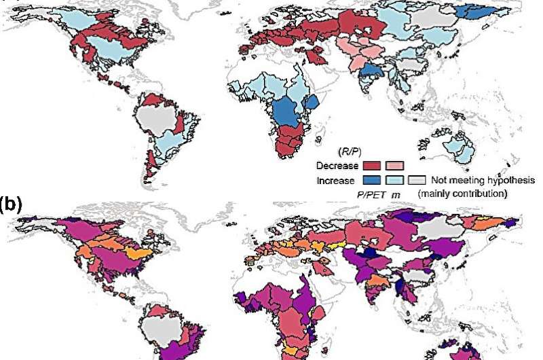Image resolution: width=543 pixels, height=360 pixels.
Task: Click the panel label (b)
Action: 10,204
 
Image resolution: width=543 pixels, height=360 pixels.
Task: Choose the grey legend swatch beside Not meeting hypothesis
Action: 416,181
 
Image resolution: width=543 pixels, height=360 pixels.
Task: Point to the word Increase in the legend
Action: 336,181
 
